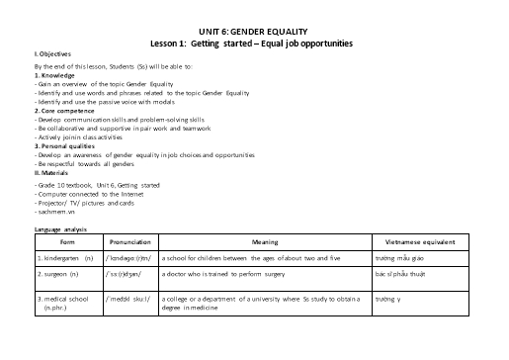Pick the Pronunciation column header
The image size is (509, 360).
(128, 241)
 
